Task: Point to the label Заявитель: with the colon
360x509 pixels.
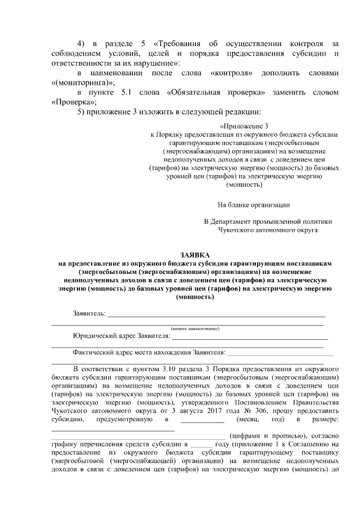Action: [x=89, y=313]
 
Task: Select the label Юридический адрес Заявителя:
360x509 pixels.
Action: [x=121, y=336]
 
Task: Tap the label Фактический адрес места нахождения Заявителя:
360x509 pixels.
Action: [x=148, y=353]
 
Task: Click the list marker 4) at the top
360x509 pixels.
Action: [x=80, y=44]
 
